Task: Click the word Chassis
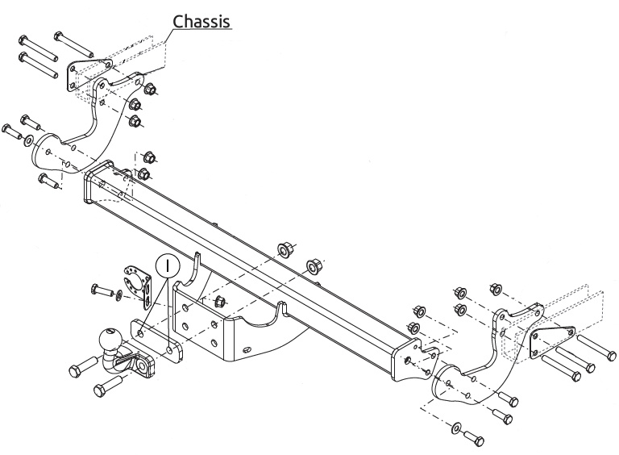click(201, 21)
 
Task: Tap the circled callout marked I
click(168, 265)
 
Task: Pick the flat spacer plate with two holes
click(156, 341)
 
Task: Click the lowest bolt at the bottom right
click(474, 437)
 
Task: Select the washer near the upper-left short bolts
click(29, 140)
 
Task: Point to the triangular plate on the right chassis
click(552, 341)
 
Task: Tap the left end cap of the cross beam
click(98, 181)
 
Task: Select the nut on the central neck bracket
click(219, 303)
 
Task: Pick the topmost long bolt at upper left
click(73, 44)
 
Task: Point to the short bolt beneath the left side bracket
click(50, 182)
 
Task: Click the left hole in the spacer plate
click(140, 336)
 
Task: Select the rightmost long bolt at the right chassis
click(596, 348)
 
